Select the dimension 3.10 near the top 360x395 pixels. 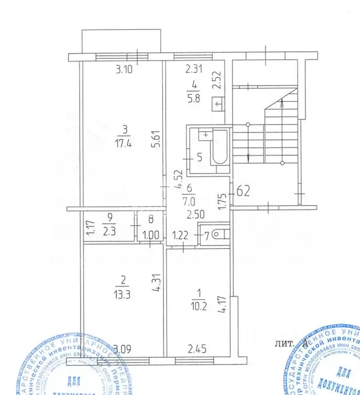click(124, 71)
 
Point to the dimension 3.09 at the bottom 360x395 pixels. click(122, 348)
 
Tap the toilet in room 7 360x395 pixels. click(221, 234)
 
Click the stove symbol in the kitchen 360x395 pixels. click(217, 105)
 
